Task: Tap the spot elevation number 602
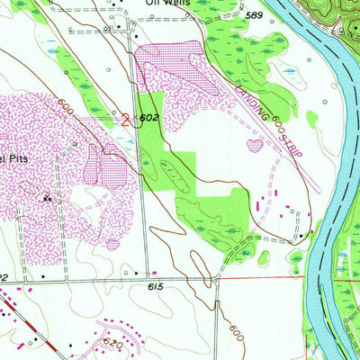pyautogui.click(x=150, y=118)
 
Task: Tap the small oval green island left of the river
pyautogui.click(x=312, y=118)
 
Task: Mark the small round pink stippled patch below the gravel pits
pyautogui.click(x=112, y=242)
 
